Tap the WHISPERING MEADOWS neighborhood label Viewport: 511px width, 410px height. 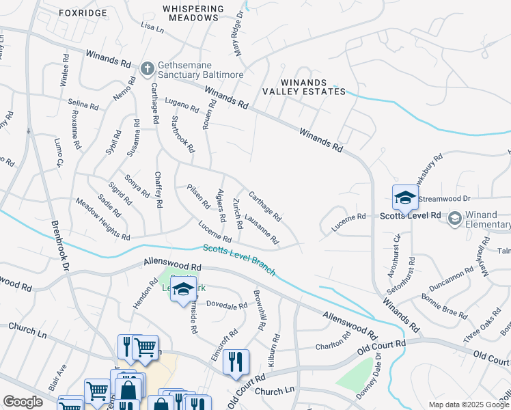tap(193, 13)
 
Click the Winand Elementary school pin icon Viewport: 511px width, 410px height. tap(454, 219)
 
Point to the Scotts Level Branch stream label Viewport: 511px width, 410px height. tap(238, 260)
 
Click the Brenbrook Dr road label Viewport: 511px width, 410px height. tap(60, 246)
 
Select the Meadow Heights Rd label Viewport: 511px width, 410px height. tap(102, 219)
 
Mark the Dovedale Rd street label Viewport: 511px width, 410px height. tap(225, 304)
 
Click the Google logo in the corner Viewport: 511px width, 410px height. tap(23, 402)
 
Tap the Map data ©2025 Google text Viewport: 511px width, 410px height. tap(468, 405)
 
